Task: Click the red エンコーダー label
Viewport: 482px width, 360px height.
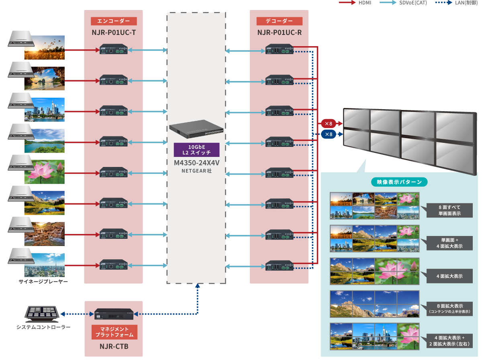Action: pos(114,22)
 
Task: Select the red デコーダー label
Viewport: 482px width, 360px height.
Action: pos(279,22)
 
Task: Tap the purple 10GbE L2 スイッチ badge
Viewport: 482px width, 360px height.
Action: pos(196,149)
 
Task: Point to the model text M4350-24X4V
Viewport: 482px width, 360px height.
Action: pos(196,163)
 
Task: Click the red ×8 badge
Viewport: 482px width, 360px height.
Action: pos(329,123)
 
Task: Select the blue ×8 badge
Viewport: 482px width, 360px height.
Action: pos(329,134)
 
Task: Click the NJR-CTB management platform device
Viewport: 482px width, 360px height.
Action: pos(114,314)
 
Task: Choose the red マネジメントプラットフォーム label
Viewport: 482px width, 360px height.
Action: pos(114,332)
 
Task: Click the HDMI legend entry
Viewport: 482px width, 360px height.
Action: pos(355,3)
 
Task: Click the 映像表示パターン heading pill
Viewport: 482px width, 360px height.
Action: pos(399,182)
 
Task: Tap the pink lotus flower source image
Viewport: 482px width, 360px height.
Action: pos(44,172)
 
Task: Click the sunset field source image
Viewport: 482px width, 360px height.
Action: pos(44,48)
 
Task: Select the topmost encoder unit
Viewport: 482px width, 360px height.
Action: pos(114,50)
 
